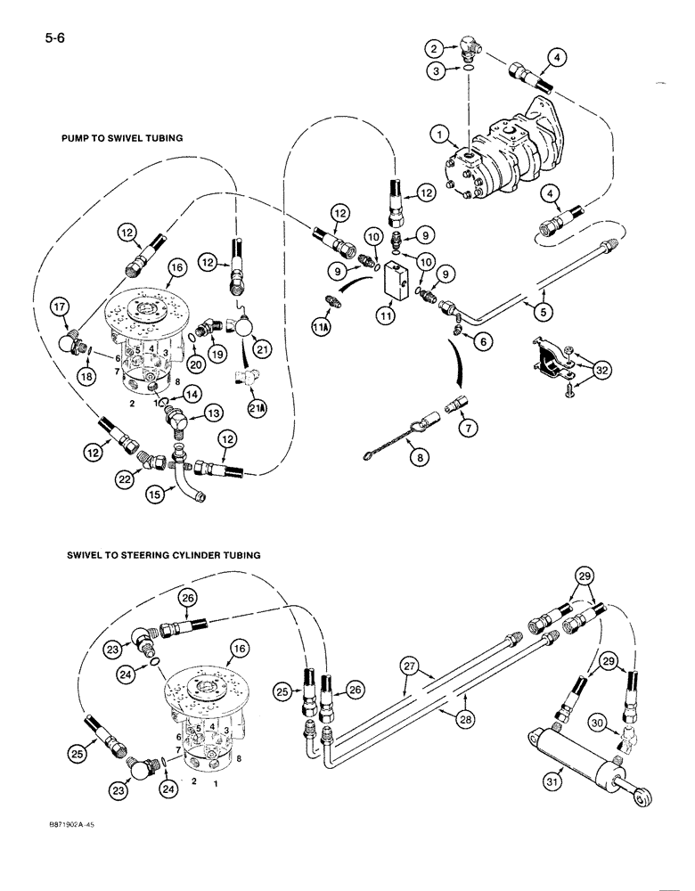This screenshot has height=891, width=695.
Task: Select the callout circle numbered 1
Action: pyautogui.click(x=437, y=136)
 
